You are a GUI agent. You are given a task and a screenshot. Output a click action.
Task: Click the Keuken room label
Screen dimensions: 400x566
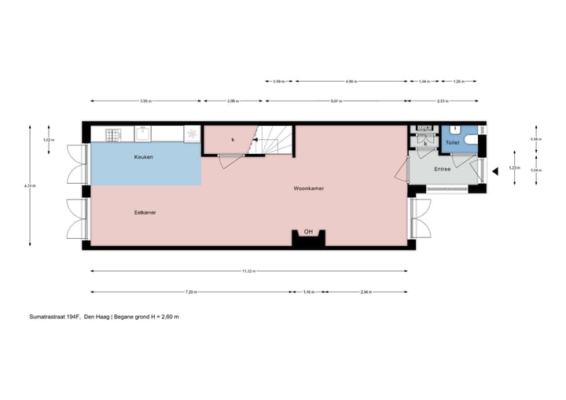[x=143, y=157]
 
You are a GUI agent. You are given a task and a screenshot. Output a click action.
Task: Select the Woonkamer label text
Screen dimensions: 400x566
[x=309, y=189]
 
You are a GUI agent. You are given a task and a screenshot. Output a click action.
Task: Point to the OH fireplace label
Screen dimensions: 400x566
[x=308, y=232]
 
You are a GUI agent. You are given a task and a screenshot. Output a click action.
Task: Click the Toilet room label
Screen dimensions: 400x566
[x=452, y=144]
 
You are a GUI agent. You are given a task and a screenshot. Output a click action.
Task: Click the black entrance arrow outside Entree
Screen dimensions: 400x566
[x=495, y=171]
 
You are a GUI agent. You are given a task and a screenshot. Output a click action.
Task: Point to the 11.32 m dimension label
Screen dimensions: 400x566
[x=248, y=271]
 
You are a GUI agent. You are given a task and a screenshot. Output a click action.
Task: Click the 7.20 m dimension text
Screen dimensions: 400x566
[x=191, y=292]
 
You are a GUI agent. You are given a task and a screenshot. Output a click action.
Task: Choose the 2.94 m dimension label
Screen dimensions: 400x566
[x=366, y=292]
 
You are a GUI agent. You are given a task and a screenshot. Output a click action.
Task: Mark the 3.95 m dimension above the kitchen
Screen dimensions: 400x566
[x=145, y=101]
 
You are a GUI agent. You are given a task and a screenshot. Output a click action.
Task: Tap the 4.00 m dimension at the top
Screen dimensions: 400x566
[x=351, y=80]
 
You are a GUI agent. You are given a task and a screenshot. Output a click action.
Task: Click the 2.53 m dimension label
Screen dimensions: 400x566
[x=442, y=101]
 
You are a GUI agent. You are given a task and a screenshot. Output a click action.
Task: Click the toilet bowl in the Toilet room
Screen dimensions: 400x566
[x=470, y=140]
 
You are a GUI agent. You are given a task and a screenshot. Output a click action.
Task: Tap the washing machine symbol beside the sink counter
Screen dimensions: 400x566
[x=192, y=134]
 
